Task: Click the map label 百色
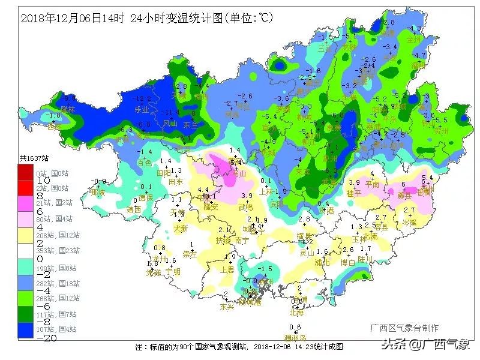144,163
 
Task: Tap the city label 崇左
190,254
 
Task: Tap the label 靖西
134,209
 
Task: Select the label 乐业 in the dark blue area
142,110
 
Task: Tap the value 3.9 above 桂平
354,182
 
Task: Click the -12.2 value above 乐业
142,98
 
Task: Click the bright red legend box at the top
27,170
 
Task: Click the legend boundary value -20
26,337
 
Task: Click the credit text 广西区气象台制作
404,328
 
